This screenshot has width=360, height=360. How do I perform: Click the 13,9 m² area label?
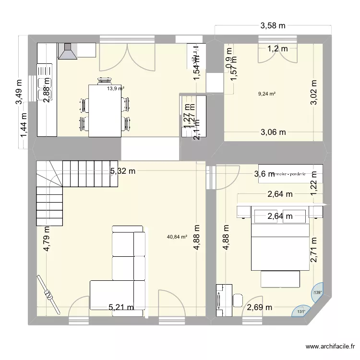coord(116,88)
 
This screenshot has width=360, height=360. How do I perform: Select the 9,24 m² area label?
coord(267,94)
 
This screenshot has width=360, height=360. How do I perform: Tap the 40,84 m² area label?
coord(177,236)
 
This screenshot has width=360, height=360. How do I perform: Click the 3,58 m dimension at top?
coord(273,26)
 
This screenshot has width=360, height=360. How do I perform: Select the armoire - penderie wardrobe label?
coord(289,174)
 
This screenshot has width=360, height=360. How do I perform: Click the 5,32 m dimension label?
coord(122,170)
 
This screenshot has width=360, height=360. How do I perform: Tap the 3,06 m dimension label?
coord(273,132)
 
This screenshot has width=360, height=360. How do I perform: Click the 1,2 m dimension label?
coord(277,48)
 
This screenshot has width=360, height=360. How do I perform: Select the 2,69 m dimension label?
coord(259,307)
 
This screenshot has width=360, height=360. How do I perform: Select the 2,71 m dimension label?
coord(314,250)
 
